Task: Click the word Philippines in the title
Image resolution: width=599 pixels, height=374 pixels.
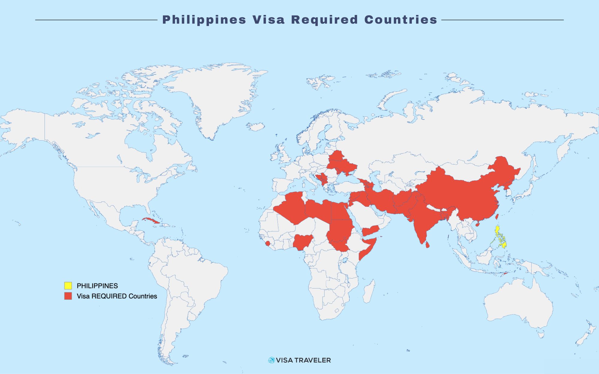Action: tap(204, 20)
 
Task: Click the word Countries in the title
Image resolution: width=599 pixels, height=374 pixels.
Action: tap(401, 20)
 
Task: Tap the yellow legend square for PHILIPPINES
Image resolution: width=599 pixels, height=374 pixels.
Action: tap(68, 285)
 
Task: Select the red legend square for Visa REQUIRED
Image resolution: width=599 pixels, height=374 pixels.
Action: tap(68, 296)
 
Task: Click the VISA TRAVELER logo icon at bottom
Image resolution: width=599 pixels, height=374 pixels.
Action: tap(272, 360)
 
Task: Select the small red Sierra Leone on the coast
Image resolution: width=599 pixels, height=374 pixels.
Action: tap(268, 244)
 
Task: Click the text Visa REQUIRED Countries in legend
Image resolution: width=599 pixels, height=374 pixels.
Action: tap(117, 296)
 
